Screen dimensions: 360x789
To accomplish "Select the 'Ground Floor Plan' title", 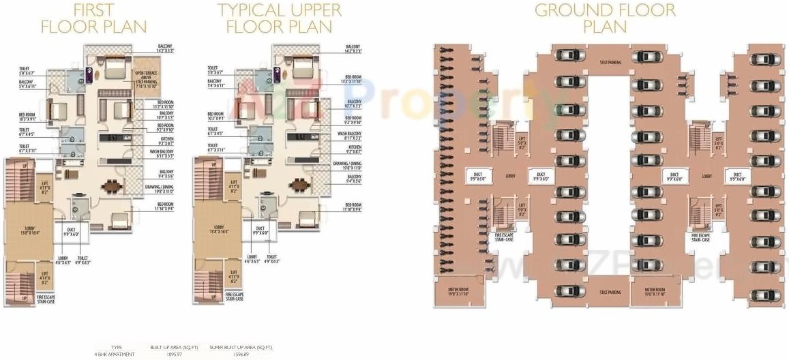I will point(605,19).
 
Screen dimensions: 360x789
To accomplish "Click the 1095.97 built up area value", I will point(168,355).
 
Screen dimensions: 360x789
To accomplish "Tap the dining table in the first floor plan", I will point(110,185).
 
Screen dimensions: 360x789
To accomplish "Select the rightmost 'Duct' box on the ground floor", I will point(737,176).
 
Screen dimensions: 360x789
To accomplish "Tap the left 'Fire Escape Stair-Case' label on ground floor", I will point(505,237).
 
